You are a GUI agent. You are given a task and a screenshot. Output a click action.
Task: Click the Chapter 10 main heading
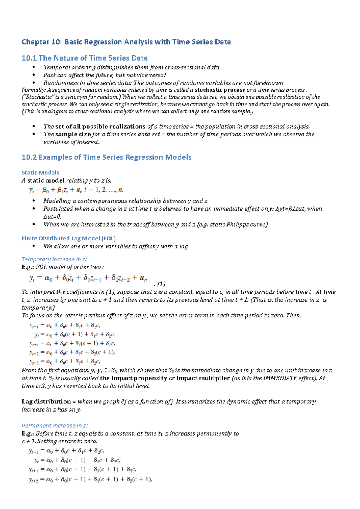coord(126,42)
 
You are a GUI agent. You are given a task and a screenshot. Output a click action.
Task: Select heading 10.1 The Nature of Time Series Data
coord(85,58)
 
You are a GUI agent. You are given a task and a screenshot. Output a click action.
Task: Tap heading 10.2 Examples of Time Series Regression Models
coord(106,157)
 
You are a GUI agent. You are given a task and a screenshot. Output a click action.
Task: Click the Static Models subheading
coord(40,173)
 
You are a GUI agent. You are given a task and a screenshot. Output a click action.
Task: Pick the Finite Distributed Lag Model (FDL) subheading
coord(69,238)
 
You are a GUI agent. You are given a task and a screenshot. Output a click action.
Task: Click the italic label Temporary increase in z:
coord(54,259)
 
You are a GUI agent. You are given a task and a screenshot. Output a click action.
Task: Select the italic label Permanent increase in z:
coord(55,426)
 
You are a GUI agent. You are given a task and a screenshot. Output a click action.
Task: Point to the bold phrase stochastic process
coord(220,90)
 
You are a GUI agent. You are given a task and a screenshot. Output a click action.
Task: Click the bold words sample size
coord(73,134)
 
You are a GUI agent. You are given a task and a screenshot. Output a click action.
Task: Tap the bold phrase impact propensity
coord(133,378)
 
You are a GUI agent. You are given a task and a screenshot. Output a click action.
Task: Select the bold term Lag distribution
coord(46,402)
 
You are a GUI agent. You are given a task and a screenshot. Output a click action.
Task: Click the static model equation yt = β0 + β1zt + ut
coord(76,190)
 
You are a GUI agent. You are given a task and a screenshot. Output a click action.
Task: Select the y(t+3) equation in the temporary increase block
coord(65,362)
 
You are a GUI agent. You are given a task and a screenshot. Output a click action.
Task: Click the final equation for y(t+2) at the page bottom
coord(91,479)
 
